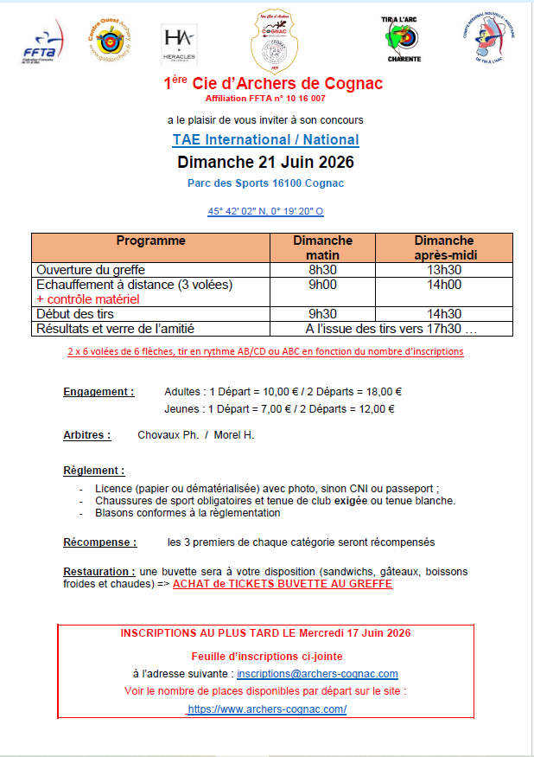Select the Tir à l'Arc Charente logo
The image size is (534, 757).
point(400,40)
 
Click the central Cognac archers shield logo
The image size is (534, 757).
point(272,43)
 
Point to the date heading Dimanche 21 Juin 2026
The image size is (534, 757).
point(265,162)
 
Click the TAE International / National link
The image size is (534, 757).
point(265,139)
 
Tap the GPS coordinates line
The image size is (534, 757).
point(265,210)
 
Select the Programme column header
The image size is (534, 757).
point(151,241)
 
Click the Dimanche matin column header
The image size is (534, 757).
point(322,247)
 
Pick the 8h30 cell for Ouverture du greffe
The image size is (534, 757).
point(322,270)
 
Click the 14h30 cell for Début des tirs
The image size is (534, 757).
point(444,314)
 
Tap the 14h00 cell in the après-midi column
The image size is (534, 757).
point(444,285)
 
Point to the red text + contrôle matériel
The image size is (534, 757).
point(88,299)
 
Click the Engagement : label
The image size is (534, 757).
point(99,391)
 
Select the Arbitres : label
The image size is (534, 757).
point(86,434)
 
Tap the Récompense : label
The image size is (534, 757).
point(99,542)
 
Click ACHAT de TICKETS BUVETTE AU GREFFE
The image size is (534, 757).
point(283,584)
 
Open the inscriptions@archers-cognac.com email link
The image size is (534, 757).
point(317,673)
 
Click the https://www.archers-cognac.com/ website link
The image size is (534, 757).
point(267,709)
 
